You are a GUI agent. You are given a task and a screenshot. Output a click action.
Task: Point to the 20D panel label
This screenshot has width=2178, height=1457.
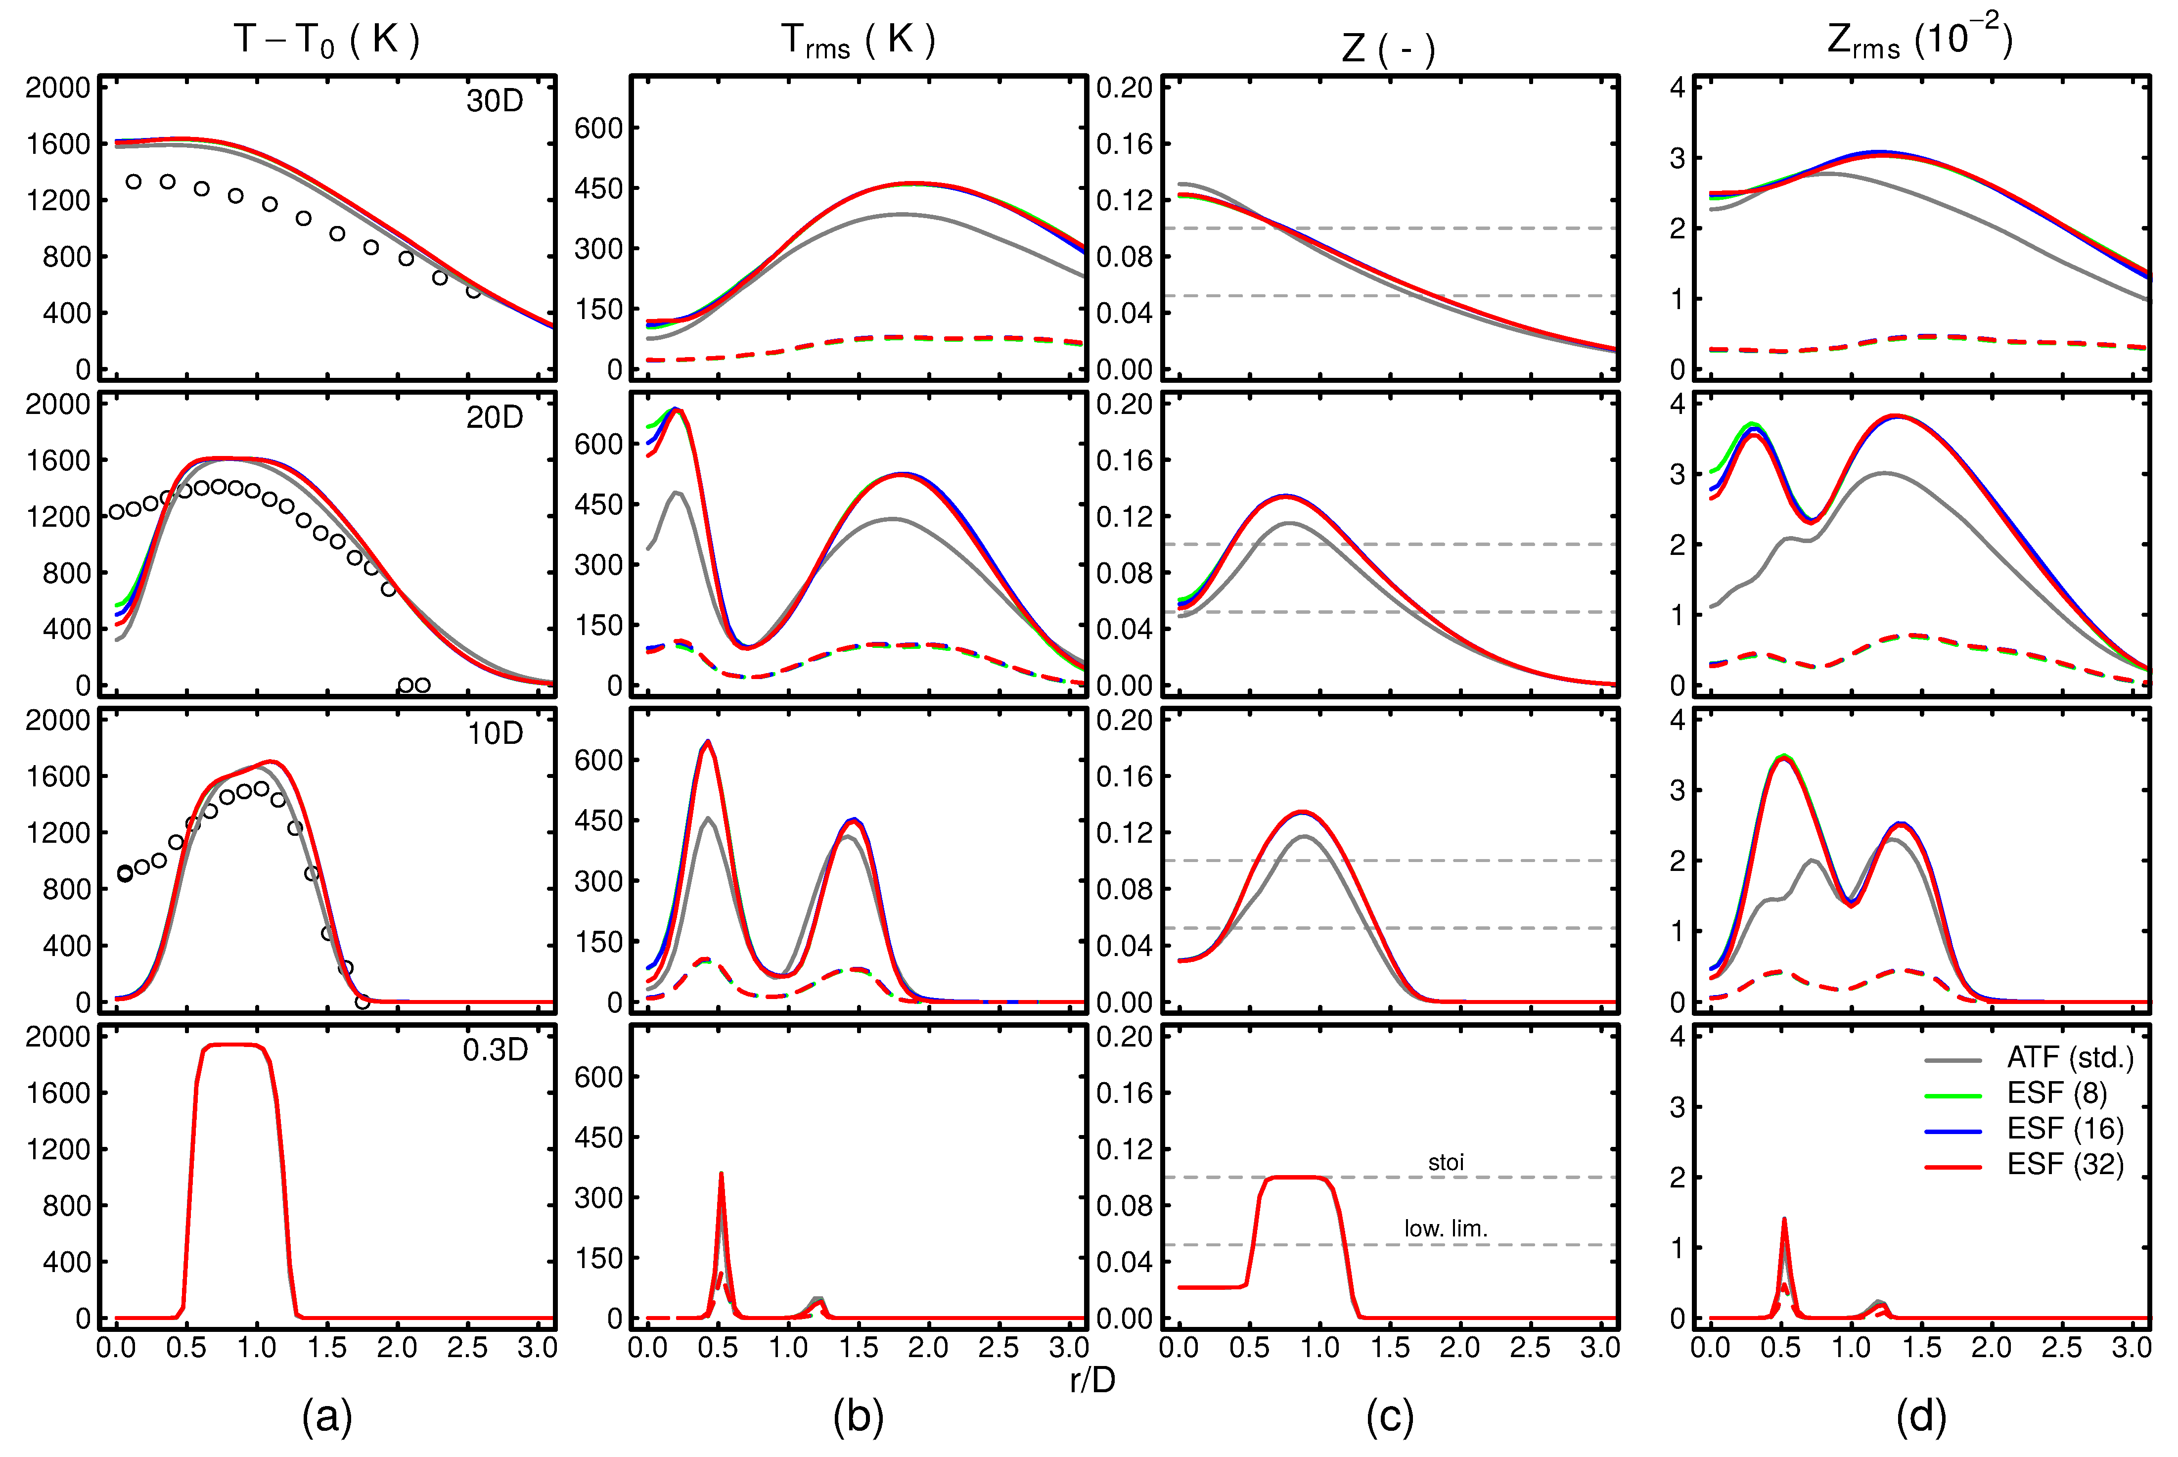[495, 417]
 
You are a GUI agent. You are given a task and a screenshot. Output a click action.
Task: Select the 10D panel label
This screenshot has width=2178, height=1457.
[495, 734]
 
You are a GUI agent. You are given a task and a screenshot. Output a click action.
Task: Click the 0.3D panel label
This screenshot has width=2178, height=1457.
[495, 1050]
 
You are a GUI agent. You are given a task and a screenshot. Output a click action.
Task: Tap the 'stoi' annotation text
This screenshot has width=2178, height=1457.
[1446, 1162]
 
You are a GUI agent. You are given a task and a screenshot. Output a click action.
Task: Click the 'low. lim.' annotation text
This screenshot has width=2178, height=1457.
[1446, 1229]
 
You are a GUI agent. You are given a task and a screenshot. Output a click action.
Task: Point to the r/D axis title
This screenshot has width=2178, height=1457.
[1092, 1381]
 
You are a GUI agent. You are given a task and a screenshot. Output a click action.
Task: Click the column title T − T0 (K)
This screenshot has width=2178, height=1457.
[327, 39]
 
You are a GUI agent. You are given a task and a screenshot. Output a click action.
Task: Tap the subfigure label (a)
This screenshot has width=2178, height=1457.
[327, 1417]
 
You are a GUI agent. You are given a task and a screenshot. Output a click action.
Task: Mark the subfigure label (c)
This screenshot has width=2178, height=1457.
[1390, 1417]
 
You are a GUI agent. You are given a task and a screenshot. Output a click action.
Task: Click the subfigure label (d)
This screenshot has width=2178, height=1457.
[1921, 1417]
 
